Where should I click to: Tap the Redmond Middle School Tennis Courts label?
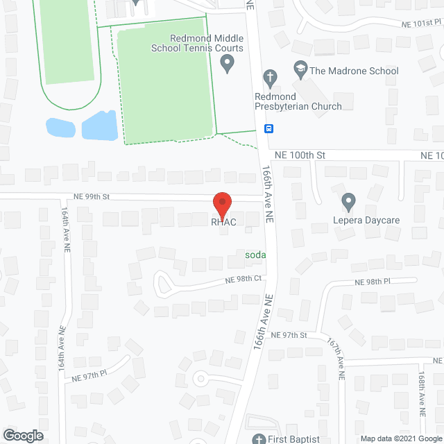click(198, 44)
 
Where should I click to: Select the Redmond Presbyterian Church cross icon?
click(271, 77)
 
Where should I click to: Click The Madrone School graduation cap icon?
click(300, 69)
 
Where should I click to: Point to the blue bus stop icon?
click(268, 128)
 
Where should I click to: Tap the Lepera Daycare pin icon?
click(349, 202)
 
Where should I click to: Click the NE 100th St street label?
click(300, 155)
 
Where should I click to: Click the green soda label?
click(255, 255)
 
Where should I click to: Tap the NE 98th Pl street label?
click(374, 282)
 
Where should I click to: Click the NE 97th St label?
click(289, 335)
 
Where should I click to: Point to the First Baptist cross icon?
click(258, 438)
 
